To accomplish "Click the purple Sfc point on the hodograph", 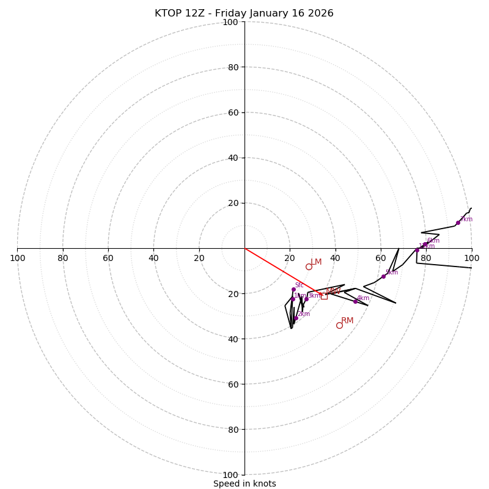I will click(x=293, y=290).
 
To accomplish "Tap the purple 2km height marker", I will click(x=296, y=318).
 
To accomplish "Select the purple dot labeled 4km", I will click(x=355, y=301).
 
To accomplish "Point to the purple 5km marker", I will click(x=384, y=276).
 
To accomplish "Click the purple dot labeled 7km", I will click(x=458, y=222).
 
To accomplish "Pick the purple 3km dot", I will click(x=306, y=300).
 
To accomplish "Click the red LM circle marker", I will click(x=309, y=267).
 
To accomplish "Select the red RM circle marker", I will click(x=339, y=325).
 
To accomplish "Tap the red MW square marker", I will click(x=324, y=296).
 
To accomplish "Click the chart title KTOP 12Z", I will click(x=244, y=13).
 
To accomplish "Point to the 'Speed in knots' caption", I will click(x=244, y=484).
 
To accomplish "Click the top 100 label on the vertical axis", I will click(x=230, y=23).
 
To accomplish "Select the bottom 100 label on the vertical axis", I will click(x=230, y=475).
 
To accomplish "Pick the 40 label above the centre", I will click(x=230, y=158).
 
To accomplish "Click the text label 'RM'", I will click(x=347, y=320).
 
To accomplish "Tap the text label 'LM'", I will click(x=316, y=262).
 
